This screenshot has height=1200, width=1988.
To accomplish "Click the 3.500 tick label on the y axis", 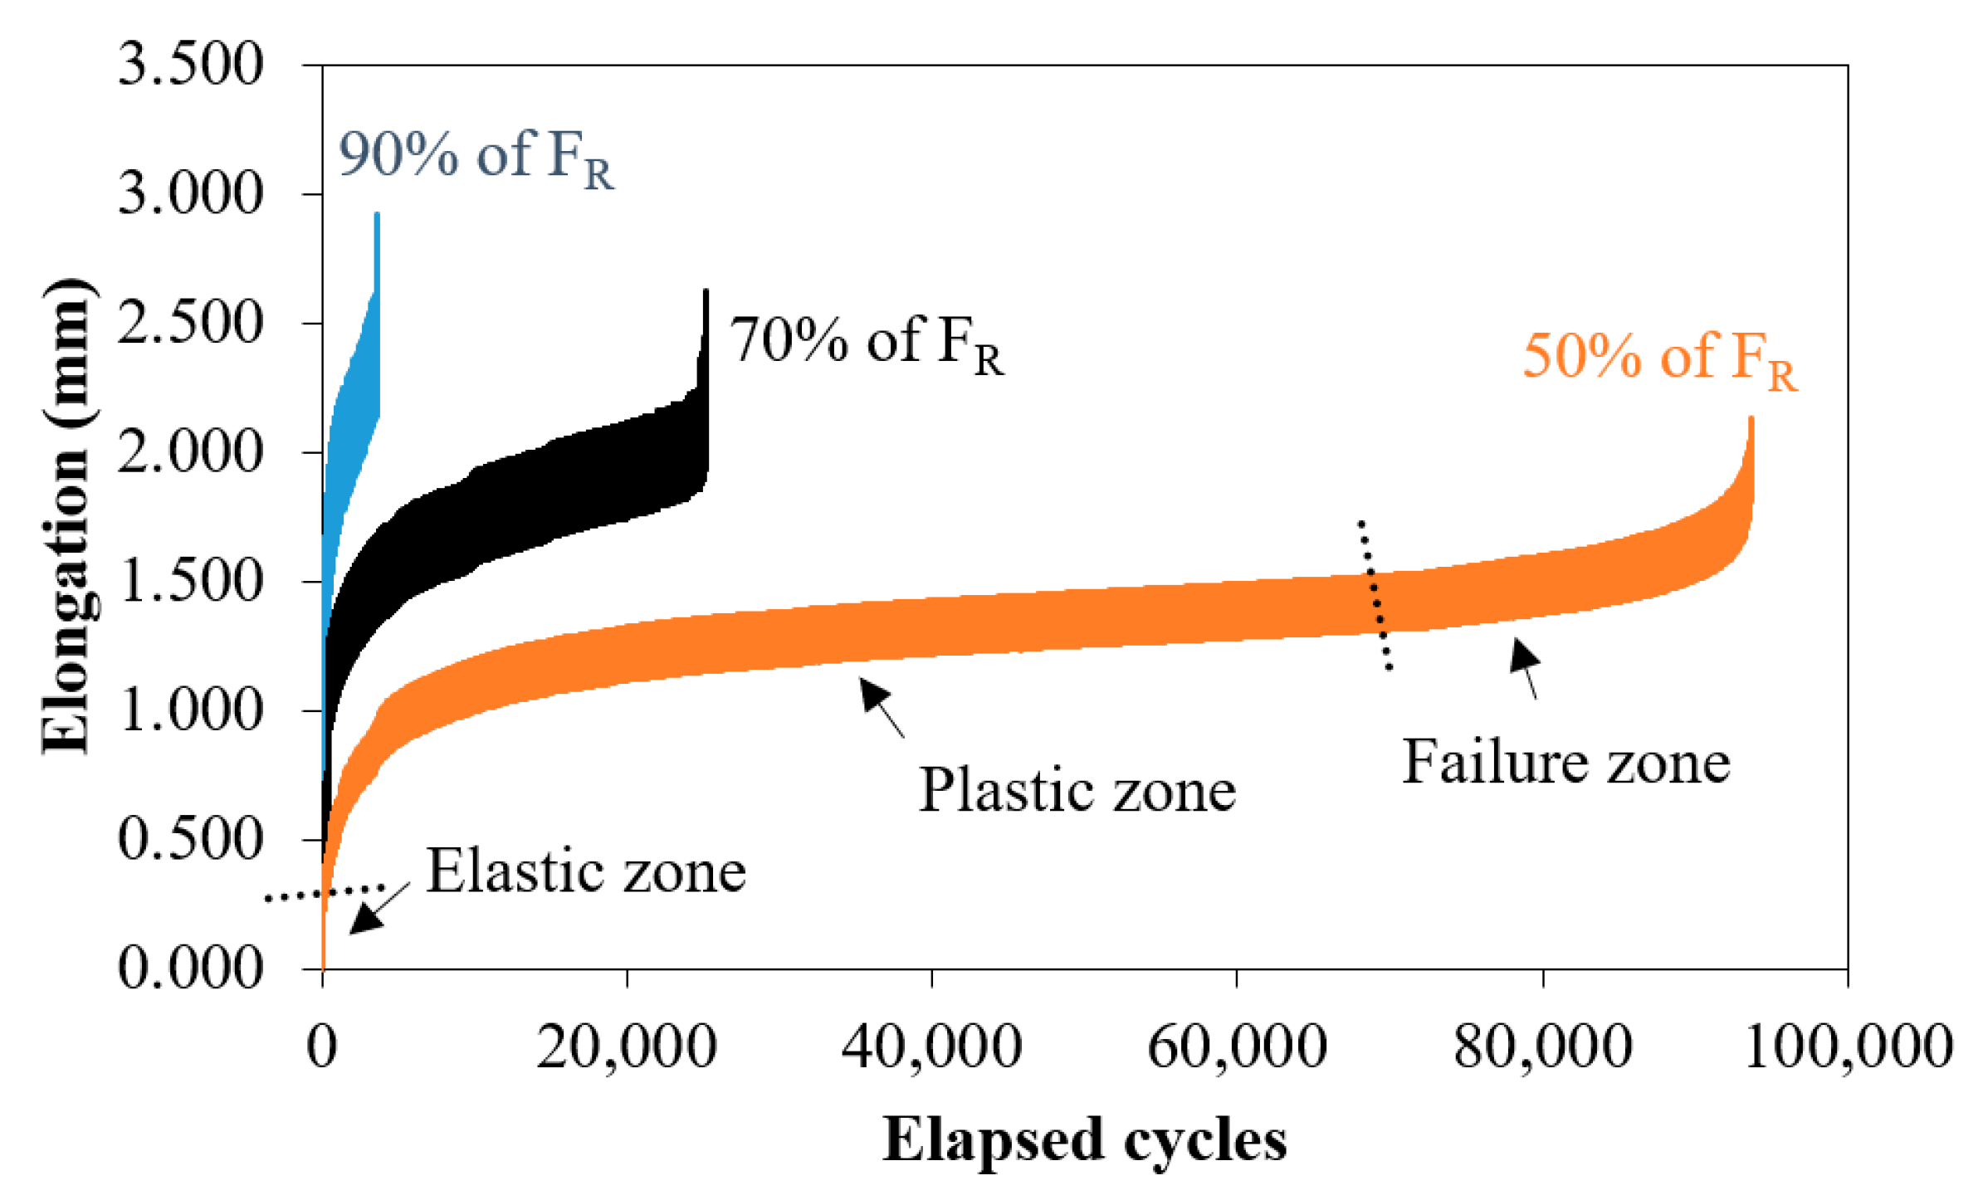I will (x=190, y=65).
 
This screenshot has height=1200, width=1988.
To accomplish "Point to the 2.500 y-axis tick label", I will (x=190, y=323).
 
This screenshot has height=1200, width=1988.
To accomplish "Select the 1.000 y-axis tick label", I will (x=190, y=710).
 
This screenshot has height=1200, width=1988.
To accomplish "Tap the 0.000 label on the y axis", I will (x=190, y=968).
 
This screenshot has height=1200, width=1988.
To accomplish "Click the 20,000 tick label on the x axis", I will (x=626, y=1046).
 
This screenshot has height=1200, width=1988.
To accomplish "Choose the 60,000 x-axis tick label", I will (x=1237, y=1046).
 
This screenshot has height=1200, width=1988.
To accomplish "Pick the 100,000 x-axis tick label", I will (x=1848, y=1046).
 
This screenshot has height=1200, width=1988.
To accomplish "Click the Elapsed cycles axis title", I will (x=1084, y=1140).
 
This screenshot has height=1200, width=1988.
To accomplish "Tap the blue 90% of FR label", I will (x=476, y=158).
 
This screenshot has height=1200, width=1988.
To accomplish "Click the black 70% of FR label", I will (x=866, y=344).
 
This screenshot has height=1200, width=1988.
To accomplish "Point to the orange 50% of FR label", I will (x=1659, y=359).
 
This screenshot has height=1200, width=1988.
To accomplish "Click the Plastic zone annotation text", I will (x=1077, y=790).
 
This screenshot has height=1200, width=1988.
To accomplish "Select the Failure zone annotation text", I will (x=1565, y=762).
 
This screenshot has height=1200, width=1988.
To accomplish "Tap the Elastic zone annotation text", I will (x=586, y=872).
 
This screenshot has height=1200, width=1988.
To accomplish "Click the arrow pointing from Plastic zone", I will (x=882, y=707).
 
